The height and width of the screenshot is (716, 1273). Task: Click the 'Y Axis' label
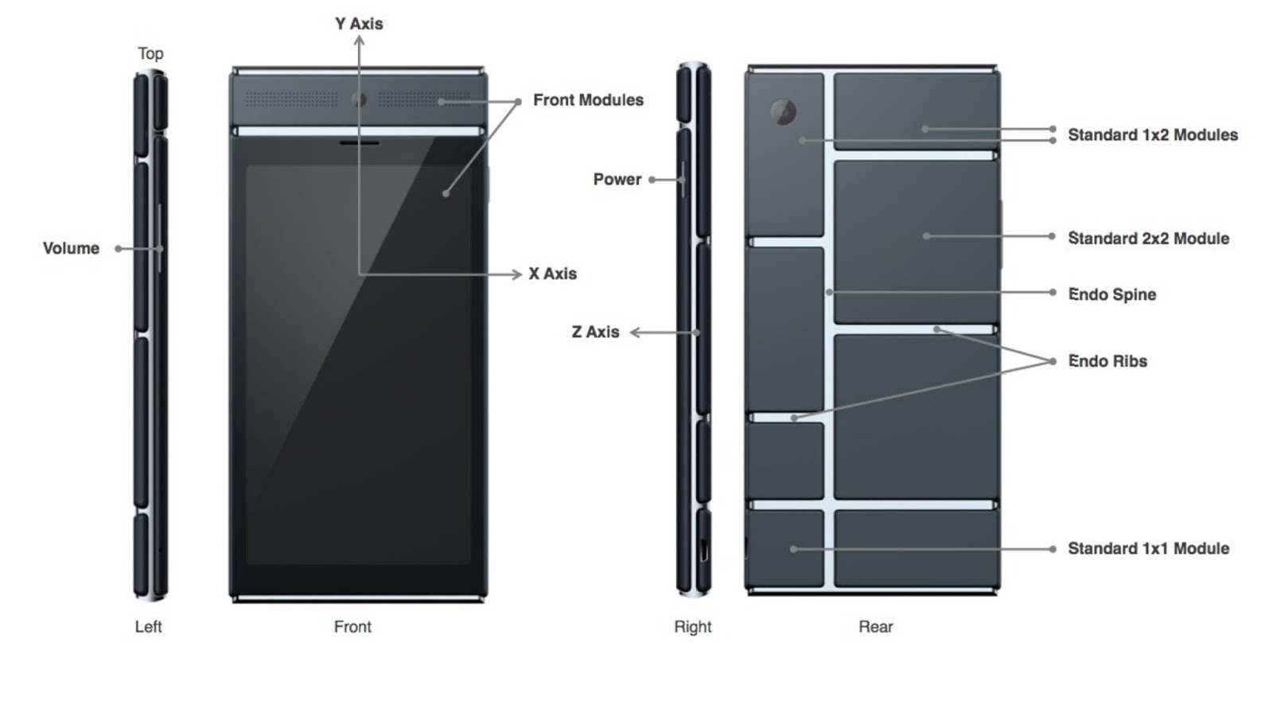[359, 24]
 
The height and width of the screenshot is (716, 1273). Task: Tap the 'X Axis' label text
[552, 274]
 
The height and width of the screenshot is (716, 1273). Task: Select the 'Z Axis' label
[595, 332]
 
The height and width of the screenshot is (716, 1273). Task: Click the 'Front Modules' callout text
[588, 100]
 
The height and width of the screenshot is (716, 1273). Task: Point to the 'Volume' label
[71, 248]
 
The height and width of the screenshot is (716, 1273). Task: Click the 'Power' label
[617, 180]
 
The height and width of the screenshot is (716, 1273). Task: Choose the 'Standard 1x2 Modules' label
[1152, 135]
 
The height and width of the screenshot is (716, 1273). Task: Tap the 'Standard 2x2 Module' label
[1147, 239]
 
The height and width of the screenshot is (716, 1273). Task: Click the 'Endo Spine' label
[1111, 294]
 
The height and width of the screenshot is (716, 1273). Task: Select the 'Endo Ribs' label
[1107, 361]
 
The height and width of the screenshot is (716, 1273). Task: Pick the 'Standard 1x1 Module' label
[1147, 548]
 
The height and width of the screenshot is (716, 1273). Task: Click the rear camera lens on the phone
[784, 112]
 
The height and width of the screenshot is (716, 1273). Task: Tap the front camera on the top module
[359, 99]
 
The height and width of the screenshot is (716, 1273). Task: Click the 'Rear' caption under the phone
[875, 627]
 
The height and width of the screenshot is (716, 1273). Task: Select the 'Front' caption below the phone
[352, 627]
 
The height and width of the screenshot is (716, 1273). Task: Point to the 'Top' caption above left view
[150, 53]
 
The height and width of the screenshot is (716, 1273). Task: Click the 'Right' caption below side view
[692, 627]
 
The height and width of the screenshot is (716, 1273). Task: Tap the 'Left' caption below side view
[148, 627]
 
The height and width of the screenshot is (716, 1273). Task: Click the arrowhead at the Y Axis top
[359, 40]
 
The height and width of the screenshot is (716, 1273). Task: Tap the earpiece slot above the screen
[359, 144]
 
